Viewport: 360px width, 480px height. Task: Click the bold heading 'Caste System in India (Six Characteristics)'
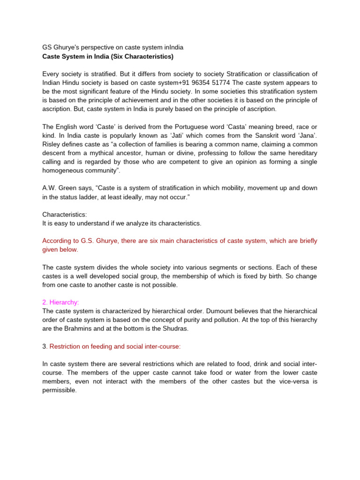(108, 57)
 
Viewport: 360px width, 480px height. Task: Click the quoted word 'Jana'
(305, 135)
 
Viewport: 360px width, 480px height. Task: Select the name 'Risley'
(52, 144)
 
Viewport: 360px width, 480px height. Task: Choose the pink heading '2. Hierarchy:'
(60, 302)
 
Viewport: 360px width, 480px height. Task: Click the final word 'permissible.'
(59, 390)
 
